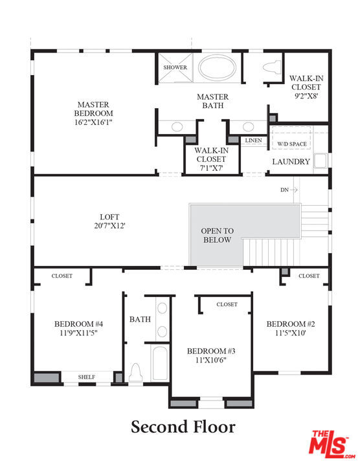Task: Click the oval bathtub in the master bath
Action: coord(217,67)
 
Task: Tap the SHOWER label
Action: coord(175,67)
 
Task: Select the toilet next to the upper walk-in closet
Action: coord(272,67)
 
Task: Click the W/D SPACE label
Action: coord(292,144)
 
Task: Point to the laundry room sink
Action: coord(321,161)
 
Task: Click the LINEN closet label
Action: coord(253,140)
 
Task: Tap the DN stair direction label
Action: coord(284,190)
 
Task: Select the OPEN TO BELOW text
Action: coord(218,235)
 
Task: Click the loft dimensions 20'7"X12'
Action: coord(109,226)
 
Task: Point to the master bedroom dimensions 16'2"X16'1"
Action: coord(93,122)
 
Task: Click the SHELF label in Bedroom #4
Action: coord(87,377)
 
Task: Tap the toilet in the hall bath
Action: coord(135,372)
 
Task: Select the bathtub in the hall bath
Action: coord(160,363)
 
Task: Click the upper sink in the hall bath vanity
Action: coord(162,308)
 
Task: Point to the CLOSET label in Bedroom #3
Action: coord(227,304)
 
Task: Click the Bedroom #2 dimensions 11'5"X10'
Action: coord(291,333)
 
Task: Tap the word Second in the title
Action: coord(159,427)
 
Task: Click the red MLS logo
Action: coord(332,444)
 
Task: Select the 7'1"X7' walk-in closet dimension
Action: coord(211,168)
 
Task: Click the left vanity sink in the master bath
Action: coord(177,127)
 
